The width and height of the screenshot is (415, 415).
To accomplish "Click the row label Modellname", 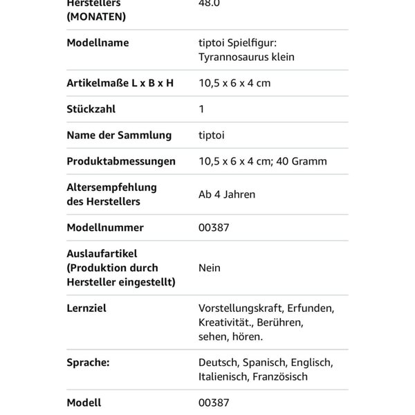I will point(98,43).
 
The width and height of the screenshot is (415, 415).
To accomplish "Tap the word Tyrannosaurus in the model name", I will point(232,57).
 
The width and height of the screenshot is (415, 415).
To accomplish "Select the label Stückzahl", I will point(91,109).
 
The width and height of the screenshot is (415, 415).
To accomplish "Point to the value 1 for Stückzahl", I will point(201,109).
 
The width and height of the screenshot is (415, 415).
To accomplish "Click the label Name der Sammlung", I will point(119,135).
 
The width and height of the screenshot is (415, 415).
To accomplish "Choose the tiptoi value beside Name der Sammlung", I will point(212,135).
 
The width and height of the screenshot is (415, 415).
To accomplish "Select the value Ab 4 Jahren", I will point(227,194).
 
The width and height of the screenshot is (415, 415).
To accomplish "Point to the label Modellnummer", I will point(105,228).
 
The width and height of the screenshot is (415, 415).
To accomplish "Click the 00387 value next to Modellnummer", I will point(214,228).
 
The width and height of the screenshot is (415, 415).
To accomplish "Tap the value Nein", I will point(210,268).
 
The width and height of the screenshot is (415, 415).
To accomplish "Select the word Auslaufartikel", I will point(102,254).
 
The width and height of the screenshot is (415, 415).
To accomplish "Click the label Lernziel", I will point(86,308).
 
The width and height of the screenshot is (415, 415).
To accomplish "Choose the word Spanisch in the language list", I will point(266,362).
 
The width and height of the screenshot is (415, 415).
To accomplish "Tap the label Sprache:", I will point(89,362).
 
